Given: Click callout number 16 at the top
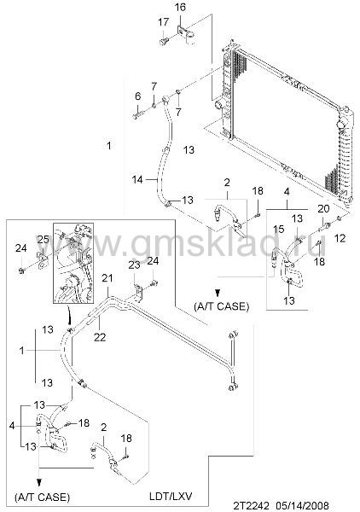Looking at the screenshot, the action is click(180, 8).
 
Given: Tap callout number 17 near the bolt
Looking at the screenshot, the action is click(164, 22).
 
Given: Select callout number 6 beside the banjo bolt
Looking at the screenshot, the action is click(137, 96).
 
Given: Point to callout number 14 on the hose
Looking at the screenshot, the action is click(137, 179).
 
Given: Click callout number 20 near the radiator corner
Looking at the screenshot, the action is click(323, 208).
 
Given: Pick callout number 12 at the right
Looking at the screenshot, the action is click(340, 238).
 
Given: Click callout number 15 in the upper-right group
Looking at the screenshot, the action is click(279, 229).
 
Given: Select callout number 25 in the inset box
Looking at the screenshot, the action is click(44, 240).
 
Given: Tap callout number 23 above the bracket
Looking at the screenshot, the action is click(134, 265).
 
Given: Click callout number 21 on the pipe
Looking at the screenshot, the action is click(107, 278).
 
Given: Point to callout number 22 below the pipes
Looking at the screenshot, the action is click(100, 337).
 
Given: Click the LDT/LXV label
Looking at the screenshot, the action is click(171, 497).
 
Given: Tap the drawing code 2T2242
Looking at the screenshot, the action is click(252, 506).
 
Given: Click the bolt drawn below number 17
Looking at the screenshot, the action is click(164, 42).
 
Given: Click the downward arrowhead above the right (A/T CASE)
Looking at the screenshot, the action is click(218, 292).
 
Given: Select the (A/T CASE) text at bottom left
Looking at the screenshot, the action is click(43, 497).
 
